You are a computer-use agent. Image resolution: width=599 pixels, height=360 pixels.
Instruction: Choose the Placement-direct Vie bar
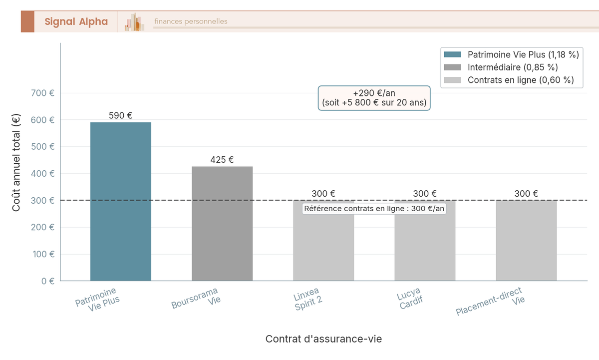[x=526, y=240]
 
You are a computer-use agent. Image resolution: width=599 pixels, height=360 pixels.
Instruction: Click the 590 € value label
[x=121, y=116]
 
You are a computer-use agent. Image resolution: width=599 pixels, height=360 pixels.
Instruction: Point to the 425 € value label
[x=222, y=160]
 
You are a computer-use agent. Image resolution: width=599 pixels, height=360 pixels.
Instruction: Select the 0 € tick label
[x=48, y=281]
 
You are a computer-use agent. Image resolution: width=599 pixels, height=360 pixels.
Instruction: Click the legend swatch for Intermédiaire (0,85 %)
[x=453, y=67]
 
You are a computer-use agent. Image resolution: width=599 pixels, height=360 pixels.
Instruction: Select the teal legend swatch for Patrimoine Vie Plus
[x=453, y=54]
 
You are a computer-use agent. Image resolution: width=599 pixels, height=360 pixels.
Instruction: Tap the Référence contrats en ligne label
[x=374, y=209]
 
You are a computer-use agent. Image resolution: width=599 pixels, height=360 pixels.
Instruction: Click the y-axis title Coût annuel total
[x=16, y=162]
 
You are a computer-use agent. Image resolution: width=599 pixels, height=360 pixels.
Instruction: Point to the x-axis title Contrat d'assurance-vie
[x=323, y=339]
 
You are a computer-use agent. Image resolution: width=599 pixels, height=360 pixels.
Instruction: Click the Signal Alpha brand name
[x=76, y=21]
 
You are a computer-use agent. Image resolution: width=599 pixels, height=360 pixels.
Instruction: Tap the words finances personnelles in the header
[x=191, y=21]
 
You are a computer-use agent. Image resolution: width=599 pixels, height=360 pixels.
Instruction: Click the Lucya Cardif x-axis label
[x=410, y=299]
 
